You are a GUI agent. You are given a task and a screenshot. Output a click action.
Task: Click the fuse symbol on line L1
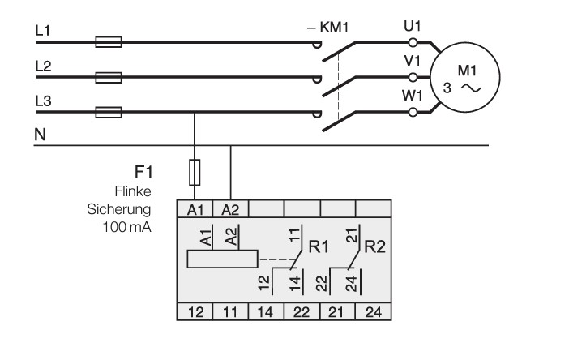point(109,42)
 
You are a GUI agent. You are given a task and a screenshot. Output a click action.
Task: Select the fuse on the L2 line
point(109,77)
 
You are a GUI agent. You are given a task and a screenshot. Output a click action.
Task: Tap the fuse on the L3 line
point(109,112)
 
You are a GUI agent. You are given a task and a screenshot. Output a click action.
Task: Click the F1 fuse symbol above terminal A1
point(195,173)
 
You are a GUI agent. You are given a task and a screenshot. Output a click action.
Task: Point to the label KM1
point(334,28)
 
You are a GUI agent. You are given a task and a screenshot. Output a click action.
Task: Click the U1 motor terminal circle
point(413,43)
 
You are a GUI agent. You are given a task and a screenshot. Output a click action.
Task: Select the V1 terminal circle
point(413,77)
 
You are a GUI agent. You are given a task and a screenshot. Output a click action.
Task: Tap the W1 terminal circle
point(413,112)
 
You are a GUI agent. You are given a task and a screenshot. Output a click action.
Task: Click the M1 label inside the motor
point(467,71)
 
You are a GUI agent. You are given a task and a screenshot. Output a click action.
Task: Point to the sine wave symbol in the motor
point(471,88)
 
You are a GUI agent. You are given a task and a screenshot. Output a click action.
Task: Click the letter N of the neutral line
point(41,135)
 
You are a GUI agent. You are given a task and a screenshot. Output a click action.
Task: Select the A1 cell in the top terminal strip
point(195,209)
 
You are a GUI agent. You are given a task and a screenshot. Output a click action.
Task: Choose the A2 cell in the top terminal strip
point(230,209)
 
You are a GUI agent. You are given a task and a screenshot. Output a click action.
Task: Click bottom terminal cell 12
point(195,312)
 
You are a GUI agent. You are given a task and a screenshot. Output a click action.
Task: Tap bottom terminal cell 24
point(374,312)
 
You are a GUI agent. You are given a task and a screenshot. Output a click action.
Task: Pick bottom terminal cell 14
point(266,312)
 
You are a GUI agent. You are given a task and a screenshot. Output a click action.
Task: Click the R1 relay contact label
point(319,246)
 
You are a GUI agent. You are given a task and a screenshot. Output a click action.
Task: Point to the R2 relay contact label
point(374,246)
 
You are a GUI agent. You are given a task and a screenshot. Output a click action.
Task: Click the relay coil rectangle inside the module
point(222,259)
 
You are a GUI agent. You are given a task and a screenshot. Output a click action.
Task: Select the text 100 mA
point(126,227)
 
